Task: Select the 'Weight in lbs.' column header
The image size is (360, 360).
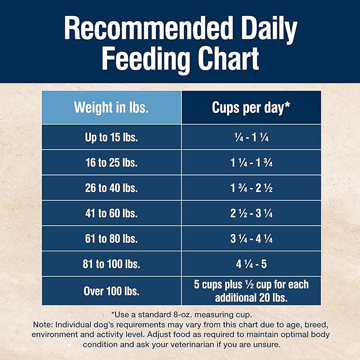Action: pyautogui.click(x=111, y=107)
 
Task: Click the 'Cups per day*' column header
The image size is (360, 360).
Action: pyautogui.click(x=251, y=107)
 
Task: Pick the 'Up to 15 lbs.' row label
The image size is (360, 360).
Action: pyautogui.click(x=111, y=137)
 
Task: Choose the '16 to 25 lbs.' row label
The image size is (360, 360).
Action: pyautogui.click(x=111, y=163)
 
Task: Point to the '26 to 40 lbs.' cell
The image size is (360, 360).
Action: pyautogui.click(x=111, y=188)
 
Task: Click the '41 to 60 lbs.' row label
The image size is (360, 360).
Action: pyautogui.click(x=111, y=214)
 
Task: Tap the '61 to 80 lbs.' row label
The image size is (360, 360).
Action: pyautogui.click(x=111, y=239)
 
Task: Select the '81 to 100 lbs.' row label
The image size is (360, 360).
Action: pyautogui.click(x=111, y=265)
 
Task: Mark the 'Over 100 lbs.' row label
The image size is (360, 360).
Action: pyautogui.click(x=111, y=291)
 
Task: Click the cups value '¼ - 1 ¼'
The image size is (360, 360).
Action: pyautogui.click(x=251, y=137)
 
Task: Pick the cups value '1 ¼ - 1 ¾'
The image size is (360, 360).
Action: pyautogui.click(x=251, y=163)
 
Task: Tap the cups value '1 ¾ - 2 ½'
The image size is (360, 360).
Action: pyautogui.click(x=251, y=188)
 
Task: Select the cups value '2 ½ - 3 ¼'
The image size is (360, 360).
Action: pyautogui.click(x=251, y=214)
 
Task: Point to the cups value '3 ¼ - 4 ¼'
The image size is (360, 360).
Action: pyautogui.click(x=251, y=239)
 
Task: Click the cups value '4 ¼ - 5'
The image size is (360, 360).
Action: pyautogui.click(x=251, y=265)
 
